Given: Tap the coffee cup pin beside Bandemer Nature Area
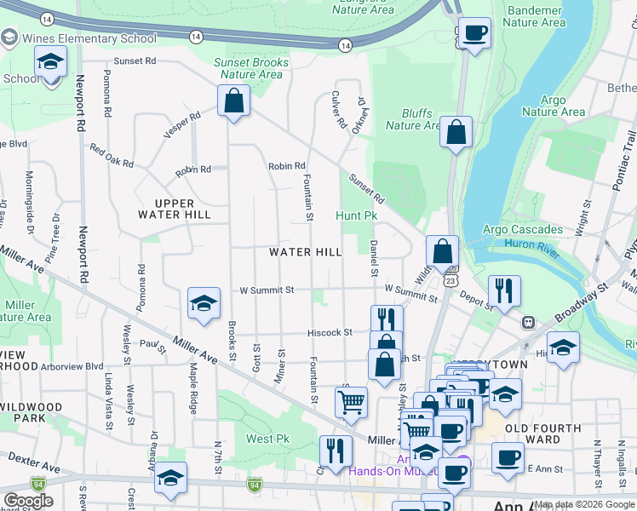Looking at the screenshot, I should pos(474,35).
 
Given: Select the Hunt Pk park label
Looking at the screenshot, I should pos(356,216).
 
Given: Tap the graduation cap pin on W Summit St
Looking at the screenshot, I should pos(204,304).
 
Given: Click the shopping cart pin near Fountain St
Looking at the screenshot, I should pos(351,400).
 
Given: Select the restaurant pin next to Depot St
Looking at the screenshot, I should pos(504,292).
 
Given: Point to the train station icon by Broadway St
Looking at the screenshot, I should pos(529,323).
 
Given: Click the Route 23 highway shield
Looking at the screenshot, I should pos(451,279).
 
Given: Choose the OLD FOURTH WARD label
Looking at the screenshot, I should pos(543,434).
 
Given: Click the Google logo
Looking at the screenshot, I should pos(28,501).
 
